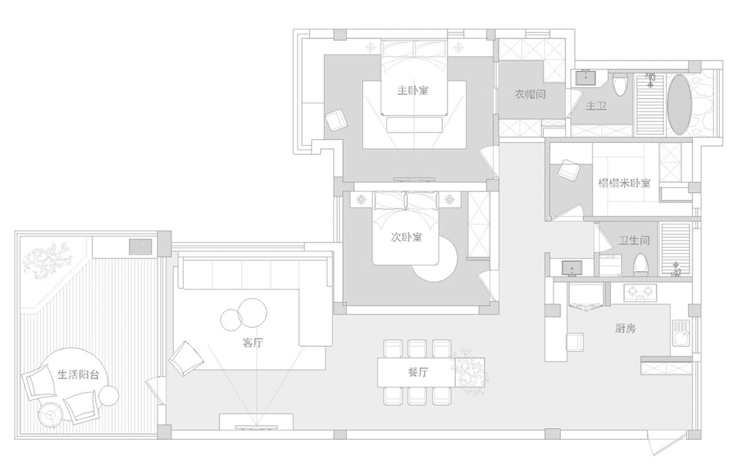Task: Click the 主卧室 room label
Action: pyautogui.click(x=413, y=90)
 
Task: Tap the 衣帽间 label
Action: pyautogui.click(x=530, y=94)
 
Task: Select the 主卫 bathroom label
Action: pyautogui.click(x=596, y=106)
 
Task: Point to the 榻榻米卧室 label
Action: pyautogui.click(x=624, y=183)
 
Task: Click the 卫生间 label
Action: pyautogui.click(x=634, y=240)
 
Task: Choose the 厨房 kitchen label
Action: pyautogui.click(x=625, y=328)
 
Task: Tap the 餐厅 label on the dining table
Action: pyautogui.click(x=418, y=372)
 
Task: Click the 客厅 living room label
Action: pyautogui.click(x=252, y=343)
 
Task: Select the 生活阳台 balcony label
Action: pyautogui.click(x=79, y=374)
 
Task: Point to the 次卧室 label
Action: pyautogui.click(x=406, y=237)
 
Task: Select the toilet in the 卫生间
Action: pyautogui.click(x=640, y=265)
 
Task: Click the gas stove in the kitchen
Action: pyautogui.click(x=640, y=292)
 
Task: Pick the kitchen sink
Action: pyautogui.click(x=681, y=333)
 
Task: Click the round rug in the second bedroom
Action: pyautogui.click(x=435, y=258)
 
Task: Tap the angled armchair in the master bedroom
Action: pyautogui.click(x=336, y=120)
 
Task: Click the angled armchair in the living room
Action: pyautogui.click(x=186, y=358)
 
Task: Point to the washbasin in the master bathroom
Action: pyautogui.click(x=585, y=78)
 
